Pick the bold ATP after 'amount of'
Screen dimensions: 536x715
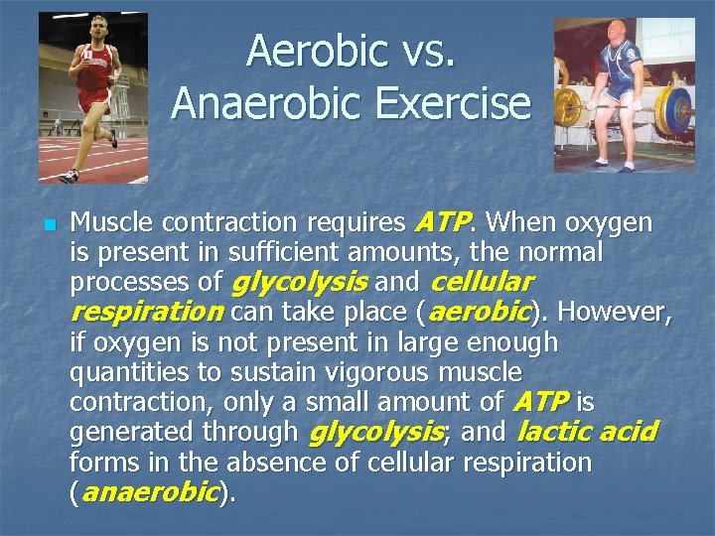point(540,402)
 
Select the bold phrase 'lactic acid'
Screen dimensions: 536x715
point(588,432)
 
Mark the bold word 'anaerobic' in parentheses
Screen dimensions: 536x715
point(149,492)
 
